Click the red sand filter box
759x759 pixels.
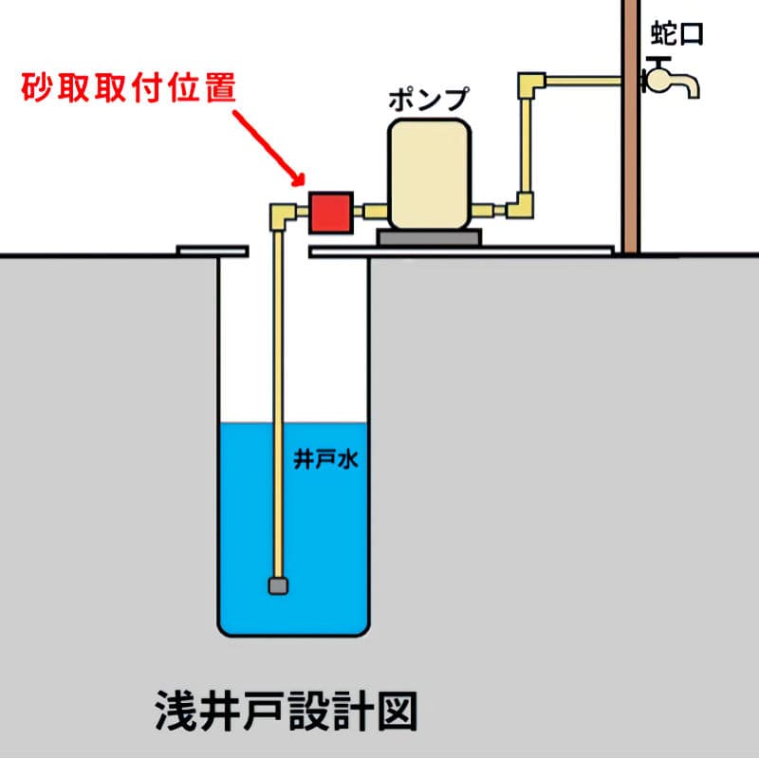(328, 211)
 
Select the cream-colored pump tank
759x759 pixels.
(429, 173)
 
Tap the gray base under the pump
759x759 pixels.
(428, 237)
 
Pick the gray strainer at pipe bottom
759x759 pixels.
(277, 585)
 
